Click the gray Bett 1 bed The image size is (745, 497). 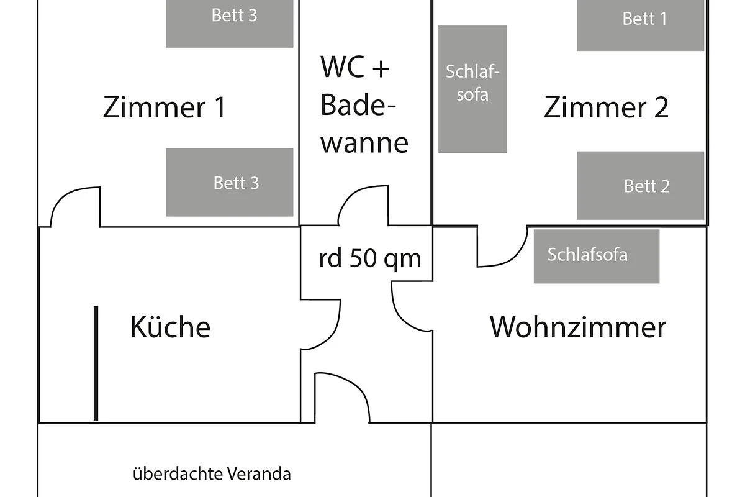click(640, 24)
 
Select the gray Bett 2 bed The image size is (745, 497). click(640, 185)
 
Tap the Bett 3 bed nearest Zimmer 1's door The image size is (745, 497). click(229, 182)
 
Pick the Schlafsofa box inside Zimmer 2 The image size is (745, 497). click(472, 89)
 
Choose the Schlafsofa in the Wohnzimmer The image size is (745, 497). click(596, 256)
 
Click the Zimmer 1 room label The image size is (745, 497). click(164, 107)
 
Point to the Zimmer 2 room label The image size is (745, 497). click(606, 107)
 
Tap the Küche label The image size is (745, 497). click(170, 327)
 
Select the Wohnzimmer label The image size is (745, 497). click(577, 327)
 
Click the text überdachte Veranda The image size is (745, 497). click(212, 475)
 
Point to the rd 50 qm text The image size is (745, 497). click(370, 258)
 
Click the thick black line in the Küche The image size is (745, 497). click(96, 363)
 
